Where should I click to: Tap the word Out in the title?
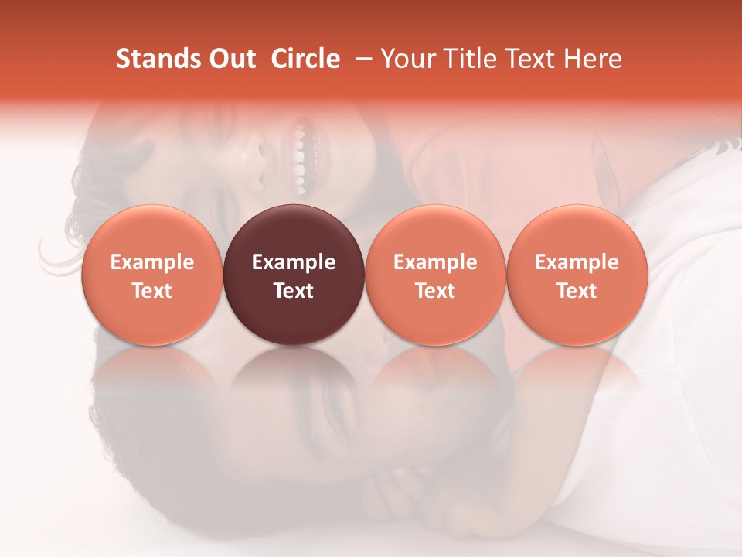[x=231, y=59]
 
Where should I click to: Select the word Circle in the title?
[x=305, y=59]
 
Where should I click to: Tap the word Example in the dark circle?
[x=294, y=262]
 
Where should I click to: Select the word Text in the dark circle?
[x=294, y=291]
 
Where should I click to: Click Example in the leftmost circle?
[x=152, y=262]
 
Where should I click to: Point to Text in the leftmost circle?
[x=152, y=291]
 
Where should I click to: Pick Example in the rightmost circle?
[x=577, y=262]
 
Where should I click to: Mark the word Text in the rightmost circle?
[x=577, y=291]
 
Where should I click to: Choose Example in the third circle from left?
[x=435, y=262]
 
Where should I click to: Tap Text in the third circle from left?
[x=435, y=291]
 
